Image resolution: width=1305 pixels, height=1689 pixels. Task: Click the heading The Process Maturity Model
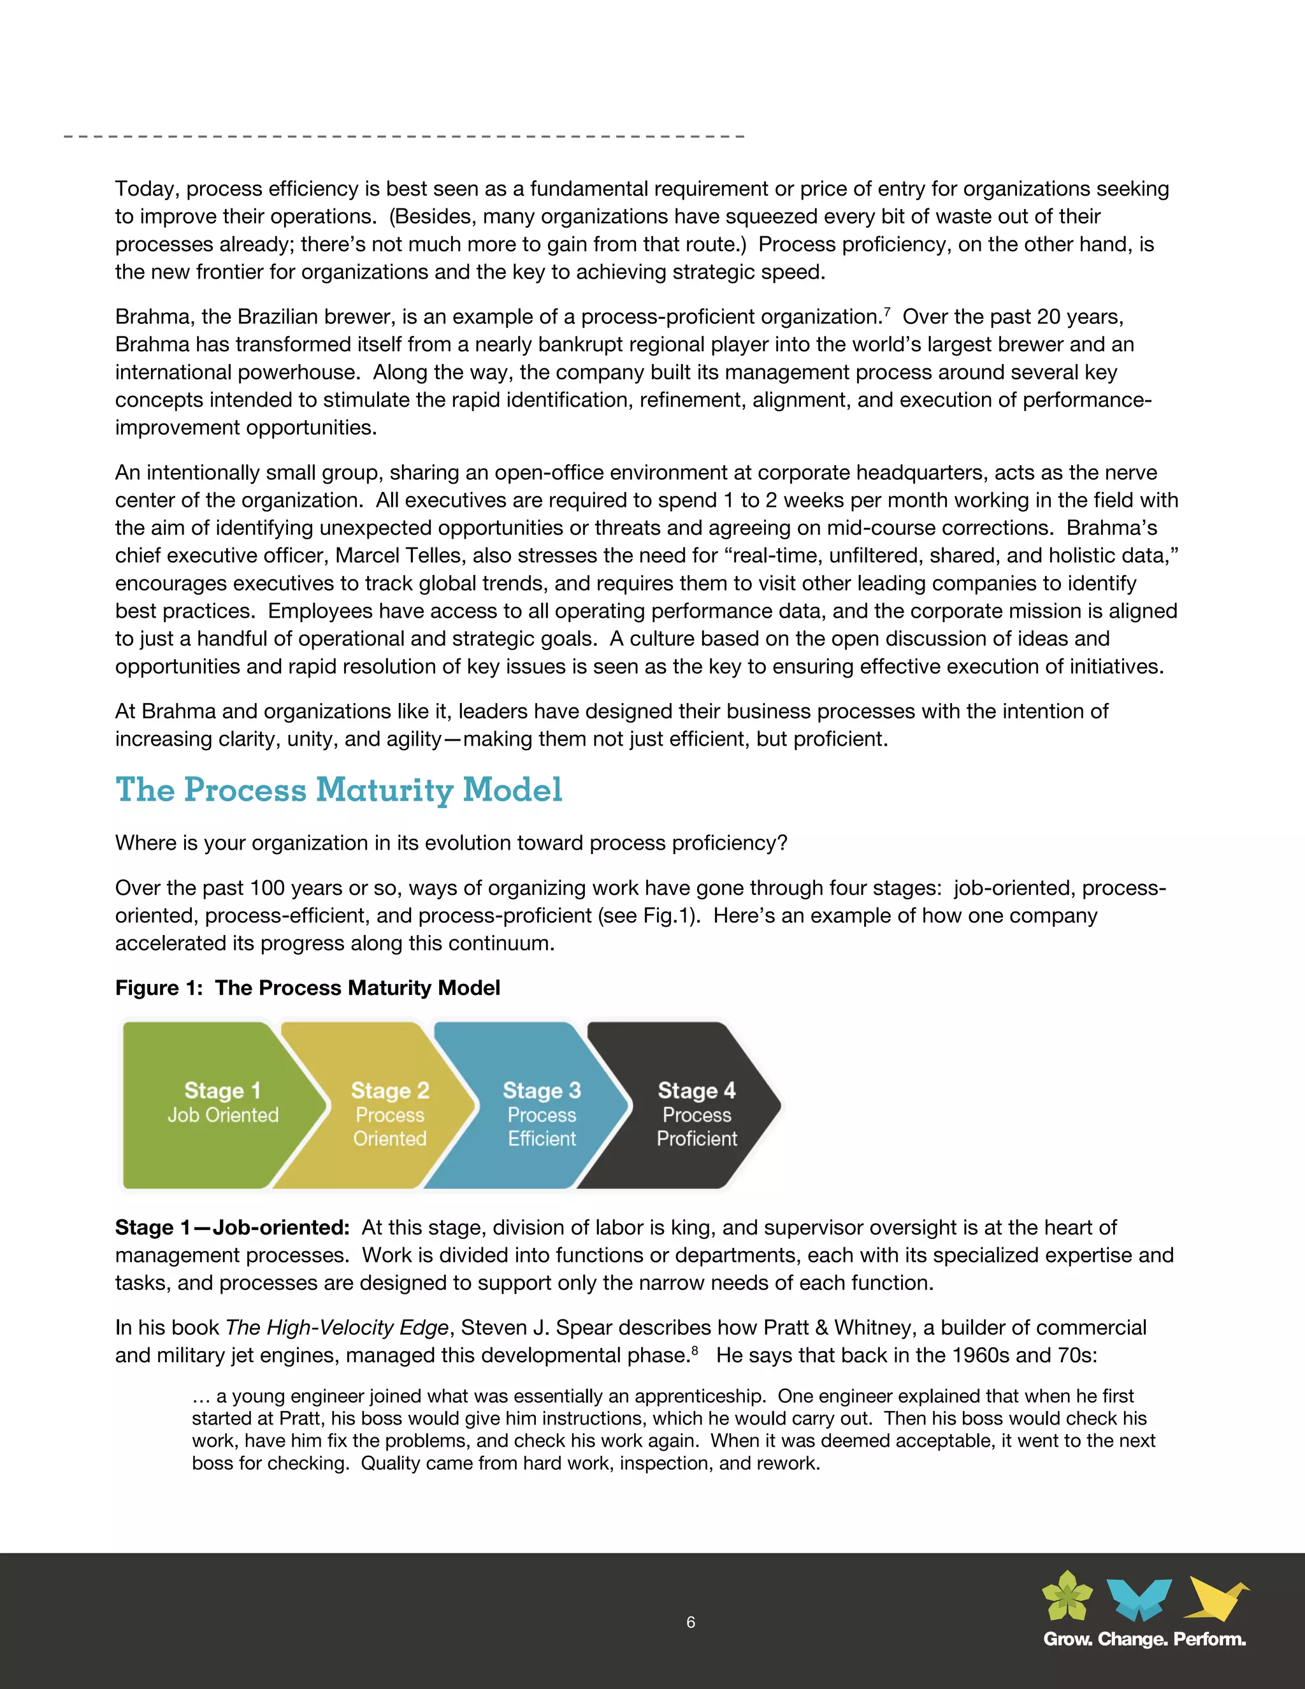click(338, 790)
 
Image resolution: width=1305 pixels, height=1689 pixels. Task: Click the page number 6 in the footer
click(690, 1621)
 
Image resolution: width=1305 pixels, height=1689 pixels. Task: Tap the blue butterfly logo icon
click(1139, 1598)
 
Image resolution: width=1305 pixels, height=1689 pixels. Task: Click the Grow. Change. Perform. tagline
click(1144, 1639)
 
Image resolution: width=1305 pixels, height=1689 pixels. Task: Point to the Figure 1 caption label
click(307, 987)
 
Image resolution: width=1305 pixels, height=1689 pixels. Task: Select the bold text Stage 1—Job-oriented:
click(232, 1228)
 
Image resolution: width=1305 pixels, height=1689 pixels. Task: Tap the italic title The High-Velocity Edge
click(337, 1327)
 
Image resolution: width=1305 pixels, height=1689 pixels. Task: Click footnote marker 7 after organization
click(887, 312)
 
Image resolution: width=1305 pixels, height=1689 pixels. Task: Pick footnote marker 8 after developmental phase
click(695, 1351)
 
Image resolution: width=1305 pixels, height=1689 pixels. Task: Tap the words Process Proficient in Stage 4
click(696, 1127)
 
